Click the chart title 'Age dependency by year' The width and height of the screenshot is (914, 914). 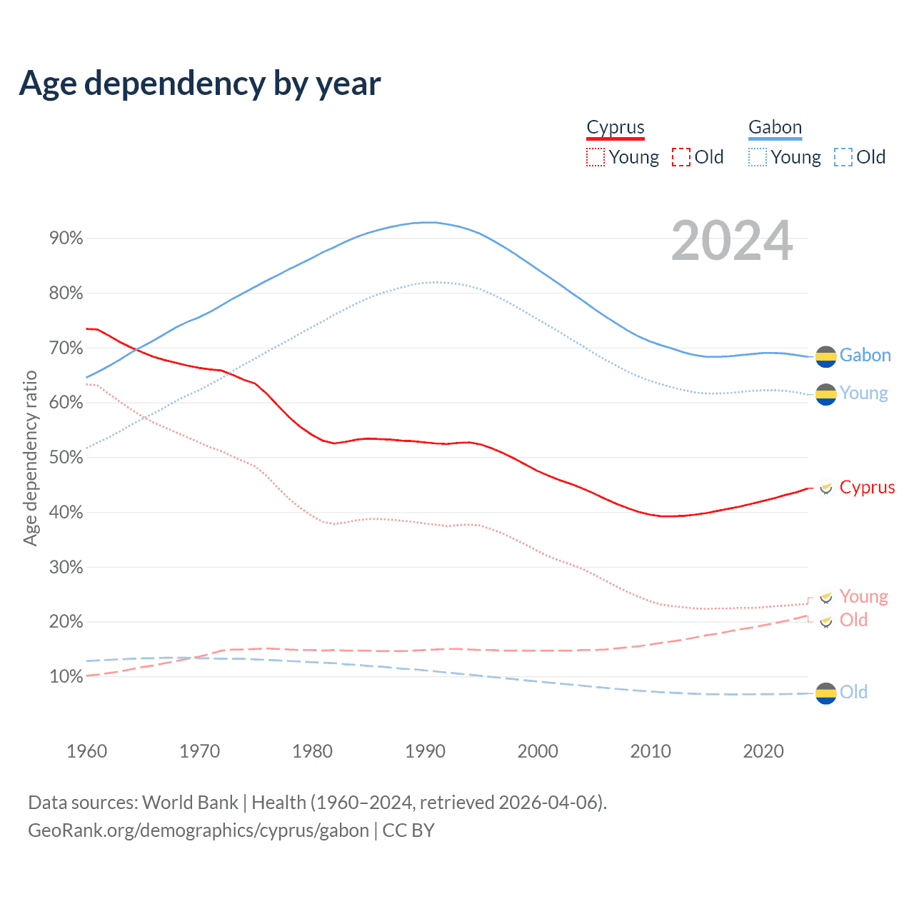click(200, 84)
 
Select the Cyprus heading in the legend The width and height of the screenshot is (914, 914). click(616, 127)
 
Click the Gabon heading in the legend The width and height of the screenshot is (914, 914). click(775, 127)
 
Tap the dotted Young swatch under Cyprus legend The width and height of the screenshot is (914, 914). click(595, 157)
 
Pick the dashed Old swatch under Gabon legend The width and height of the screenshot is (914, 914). click(843, 157)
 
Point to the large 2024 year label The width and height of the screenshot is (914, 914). click(732, 241)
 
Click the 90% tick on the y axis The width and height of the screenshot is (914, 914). click(66, 238)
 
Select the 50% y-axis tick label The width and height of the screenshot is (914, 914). click(66, 458)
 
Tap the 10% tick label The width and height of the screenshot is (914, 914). click(66, 677)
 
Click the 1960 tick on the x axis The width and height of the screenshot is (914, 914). click(86, 751)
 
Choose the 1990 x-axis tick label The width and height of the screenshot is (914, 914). click(425, 751)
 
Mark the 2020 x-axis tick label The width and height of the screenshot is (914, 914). click(763, 751)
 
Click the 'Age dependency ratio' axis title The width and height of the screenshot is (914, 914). click(30, 458)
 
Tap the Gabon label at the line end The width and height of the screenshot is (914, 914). click(865, 355)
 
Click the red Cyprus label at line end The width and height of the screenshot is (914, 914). click(867, 487)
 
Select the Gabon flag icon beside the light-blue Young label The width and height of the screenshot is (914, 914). click(825, 393)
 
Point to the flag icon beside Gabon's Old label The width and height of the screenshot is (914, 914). click(825, 693)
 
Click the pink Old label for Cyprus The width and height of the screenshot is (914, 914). click(853, 620)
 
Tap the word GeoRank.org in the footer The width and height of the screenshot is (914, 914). click(79, 830)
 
